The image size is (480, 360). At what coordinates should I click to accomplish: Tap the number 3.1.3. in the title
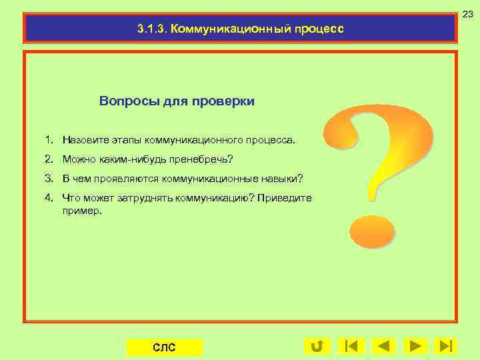(x=151, y=29)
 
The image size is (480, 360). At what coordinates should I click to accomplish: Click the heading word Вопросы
(x=123, y=101)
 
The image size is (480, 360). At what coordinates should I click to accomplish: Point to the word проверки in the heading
(x=223, y=101)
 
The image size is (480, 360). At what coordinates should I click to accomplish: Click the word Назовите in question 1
(x=83, y=141)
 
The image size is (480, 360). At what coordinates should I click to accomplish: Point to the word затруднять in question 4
(x=147, y=198)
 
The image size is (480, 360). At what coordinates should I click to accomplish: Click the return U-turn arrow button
(x=317, y=346)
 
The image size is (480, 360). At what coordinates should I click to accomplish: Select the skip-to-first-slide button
(x=351, y=346)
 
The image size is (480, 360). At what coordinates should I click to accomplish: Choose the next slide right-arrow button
(x=415, y=346)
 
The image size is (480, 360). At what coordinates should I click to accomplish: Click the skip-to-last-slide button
(x=445, y=346)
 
